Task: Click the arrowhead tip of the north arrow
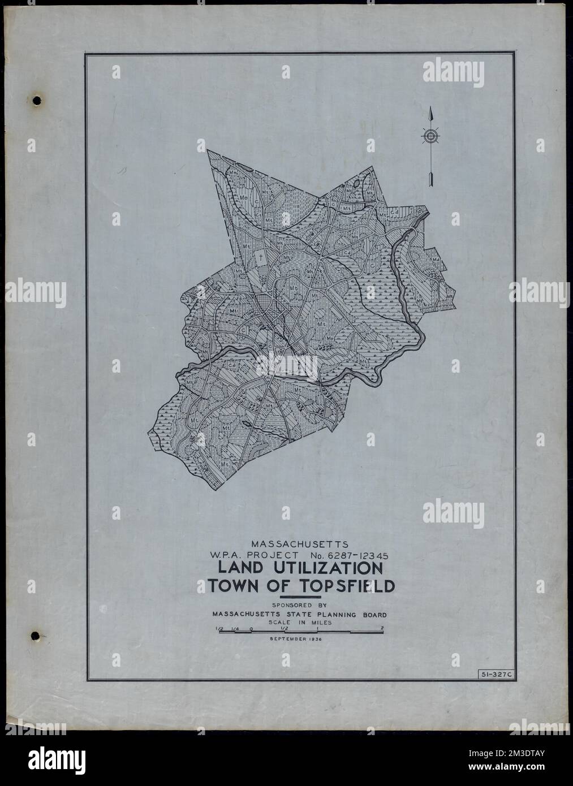coord(430,108)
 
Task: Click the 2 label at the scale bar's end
coord(383,628)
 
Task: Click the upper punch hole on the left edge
coord(37,101)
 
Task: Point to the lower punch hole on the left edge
coord(37,636)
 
